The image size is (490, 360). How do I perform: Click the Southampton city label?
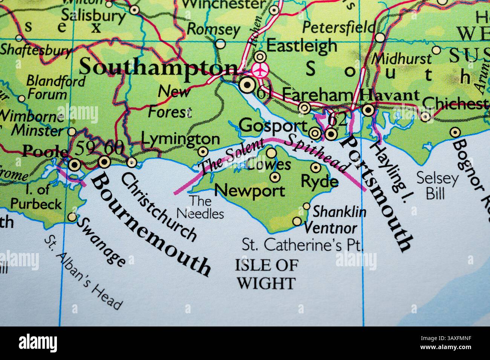click(x=158, y=68)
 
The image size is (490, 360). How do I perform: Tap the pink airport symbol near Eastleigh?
click(x=259, y=70)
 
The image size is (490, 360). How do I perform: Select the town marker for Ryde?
click(x=315, y=167)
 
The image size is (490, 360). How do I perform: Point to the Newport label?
click(x=250, y=191)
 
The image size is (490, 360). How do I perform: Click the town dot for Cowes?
click(x=271, y=153)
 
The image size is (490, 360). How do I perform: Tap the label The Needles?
click(x=200, y=207)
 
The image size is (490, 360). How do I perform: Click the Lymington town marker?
click(x=203, y=152)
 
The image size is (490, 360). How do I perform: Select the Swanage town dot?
click(x=72, y=217)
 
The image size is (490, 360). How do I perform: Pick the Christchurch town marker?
click(x=132, y=163)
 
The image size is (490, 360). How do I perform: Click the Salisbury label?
click(x=93, y=16)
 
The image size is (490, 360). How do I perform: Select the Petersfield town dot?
click(x=380, y=37)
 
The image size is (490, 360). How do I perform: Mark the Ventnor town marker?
click(x=297, y=221)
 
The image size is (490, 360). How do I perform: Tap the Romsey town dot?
click(x=220, y=44)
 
